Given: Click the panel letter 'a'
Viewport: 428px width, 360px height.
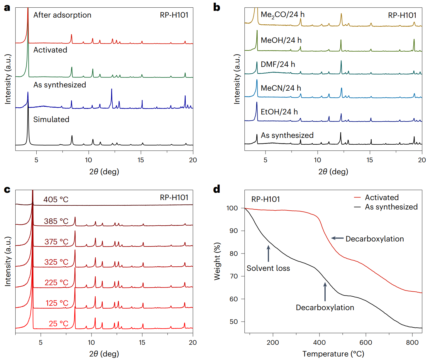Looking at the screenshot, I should pos(7,8).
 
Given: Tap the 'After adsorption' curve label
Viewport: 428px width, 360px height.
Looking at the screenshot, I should pos(62,15).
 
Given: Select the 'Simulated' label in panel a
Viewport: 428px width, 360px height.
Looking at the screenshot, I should pos(51,119).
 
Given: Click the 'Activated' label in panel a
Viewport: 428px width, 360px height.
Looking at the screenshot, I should pos(50,50).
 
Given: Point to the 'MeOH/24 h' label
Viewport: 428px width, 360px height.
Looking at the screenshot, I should pos(281,40).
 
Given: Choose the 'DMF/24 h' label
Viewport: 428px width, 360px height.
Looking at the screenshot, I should pos(278,64).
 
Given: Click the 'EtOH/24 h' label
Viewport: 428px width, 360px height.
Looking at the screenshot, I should pos(279,112).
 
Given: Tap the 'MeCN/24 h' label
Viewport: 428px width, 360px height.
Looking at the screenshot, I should pos(281,88).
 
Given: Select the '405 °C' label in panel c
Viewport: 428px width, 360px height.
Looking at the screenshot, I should pos(56,200).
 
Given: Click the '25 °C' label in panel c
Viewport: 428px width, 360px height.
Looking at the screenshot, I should pos(58,324).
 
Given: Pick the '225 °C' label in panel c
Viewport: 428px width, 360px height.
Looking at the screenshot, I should pos(56,283).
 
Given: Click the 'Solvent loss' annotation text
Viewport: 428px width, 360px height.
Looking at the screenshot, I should pos(268,268).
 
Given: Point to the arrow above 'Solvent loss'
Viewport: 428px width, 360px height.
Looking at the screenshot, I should pos(268,253).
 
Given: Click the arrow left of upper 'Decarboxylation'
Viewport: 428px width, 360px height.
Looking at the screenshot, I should pos(337,238).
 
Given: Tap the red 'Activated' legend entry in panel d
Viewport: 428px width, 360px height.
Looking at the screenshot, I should pos(382,197).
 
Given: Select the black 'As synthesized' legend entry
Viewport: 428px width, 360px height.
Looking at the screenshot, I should pos(391,207).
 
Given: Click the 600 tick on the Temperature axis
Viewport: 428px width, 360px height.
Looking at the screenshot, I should pos(366,342).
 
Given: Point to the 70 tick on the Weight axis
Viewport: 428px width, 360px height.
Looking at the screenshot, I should pos(234,276).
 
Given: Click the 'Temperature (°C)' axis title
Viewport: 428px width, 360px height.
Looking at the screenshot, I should pos(333,354).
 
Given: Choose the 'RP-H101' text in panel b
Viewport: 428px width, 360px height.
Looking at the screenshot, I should pos(402,15).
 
